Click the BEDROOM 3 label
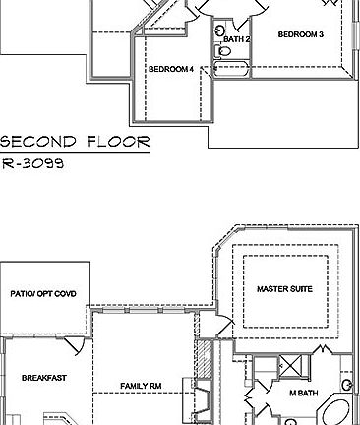pyautogui.click(x=301, y=34)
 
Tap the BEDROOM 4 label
pyautogui.click(x=171, y=69)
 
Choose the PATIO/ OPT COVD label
pyautogui.click(x=44, y=293)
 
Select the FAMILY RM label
pyautogui.click(x=141, y=385)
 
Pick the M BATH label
pyautogui.click(x=303, y=394)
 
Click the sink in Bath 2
pyautogui.click(x=218, y=32)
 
